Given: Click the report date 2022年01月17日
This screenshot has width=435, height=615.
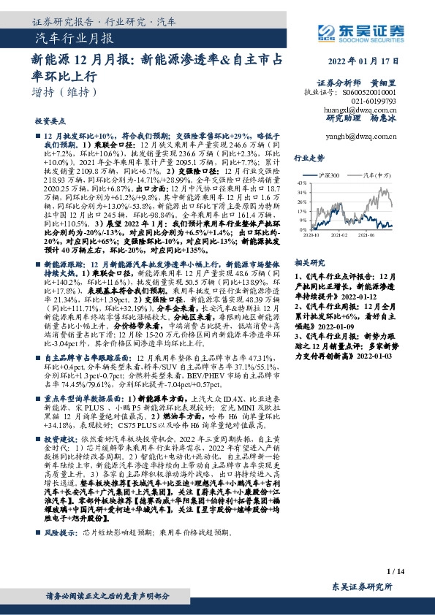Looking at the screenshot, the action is click(x=365, y=61).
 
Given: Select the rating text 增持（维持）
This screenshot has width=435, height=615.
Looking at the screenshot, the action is click(x=67, y=92).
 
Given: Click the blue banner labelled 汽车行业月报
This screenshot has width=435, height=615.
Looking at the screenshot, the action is click(x=74, y=37).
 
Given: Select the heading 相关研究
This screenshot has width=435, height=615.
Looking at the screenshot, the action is click(x=307, y=261).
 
